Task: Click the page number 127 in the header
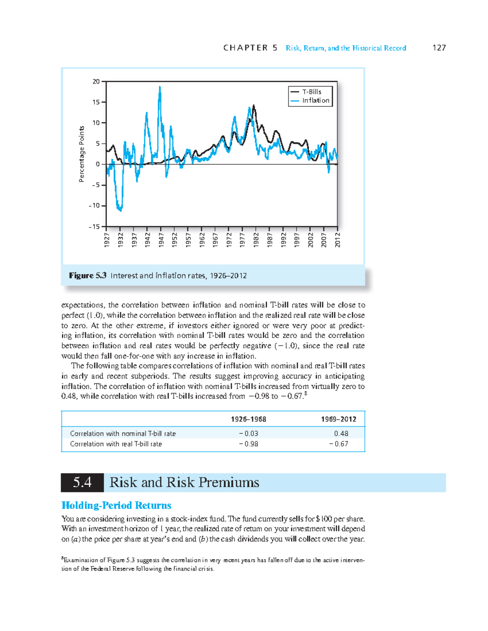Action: pyautogui.click(x=439, y=48)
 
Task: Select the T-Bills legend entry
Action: pyautogui.click(x=311, y=92)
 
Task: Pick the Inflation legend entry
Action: pyautogui.click(x=315, y=100)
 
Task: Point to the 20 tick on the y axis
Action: pyautogui.click(x=96, y=82)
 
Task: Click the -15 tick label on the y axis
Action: pyautogui.click(x=94, y=227)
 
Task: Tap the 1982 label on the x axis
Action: pyautogui.click(x=256, y=240)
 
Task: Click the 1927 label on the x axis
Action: pyautogui.click(x=107, y=240)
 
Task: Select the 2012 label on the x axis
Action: pyautogui.click(x=338, y=240)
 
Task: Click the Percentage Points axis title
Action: pyautogui.click(x=82, y=154)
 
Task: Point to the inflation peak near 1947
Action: pyautogui.click(x=160, y=87)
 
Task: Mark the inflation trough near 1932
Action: pyautogui.click(x=120, y=210)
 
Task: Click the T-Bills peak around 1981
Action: pyautogui.click(x=254, y=106)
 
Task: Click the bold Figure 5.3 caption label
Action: pyautogui.click(x=87, y=275)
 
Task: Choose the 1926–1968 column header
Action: pyautogui.click(x=248, y=419)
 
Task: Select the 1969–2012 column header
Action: pyautogui.click(x=338, y=419)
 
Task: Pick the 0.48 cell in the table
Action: pyautogui.click(x=341, y=434)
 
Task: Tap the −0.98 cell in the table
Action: pyautogui.click(x=248, y=444)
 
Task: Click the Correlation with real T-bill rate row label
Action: pyautogui.click(x=116, y=444)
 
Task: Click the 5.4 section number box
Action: pyautogui.click(x=82, y=482)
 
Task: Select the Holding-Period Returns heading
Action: pyautogui.click(x=116, y=505)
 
